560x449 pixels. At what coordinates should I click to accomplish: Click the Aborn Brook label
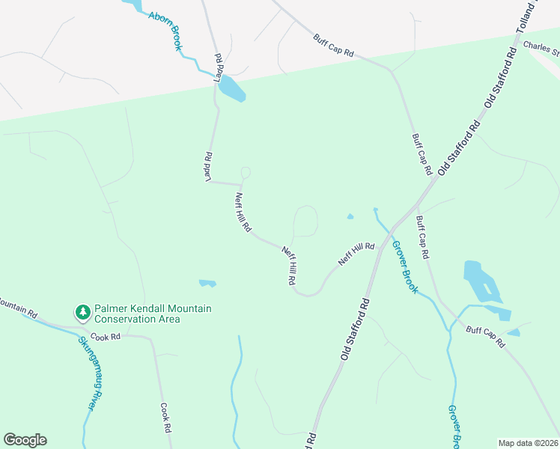point(165,31)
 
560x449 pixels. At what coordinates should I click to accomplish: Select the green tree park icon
point(82,311)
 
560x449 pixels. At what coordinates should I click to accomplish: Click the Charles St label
point(541,49)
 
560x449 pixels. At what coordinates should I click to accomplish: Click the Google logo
point(25,440)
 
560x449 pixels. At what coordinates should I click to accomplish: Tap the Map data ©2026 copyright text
point(527,443)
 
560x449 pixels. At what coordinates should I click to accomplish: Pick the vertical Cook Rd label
point(166,418)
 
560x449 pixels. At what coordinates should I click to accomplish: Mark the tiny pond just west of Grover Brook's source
point(350,218)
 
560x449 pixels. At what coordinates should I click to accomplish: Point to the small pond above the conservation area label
point(207,283)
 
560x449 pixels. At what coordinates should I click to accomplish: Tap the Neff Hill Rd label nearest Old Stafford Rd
point(356,253)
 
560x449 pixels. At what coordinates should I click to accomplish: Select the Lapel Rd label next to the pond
point(219,68)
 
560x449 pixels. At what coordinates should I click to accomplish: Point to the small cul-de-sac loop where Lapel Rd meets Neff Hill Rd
point(245,173)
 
